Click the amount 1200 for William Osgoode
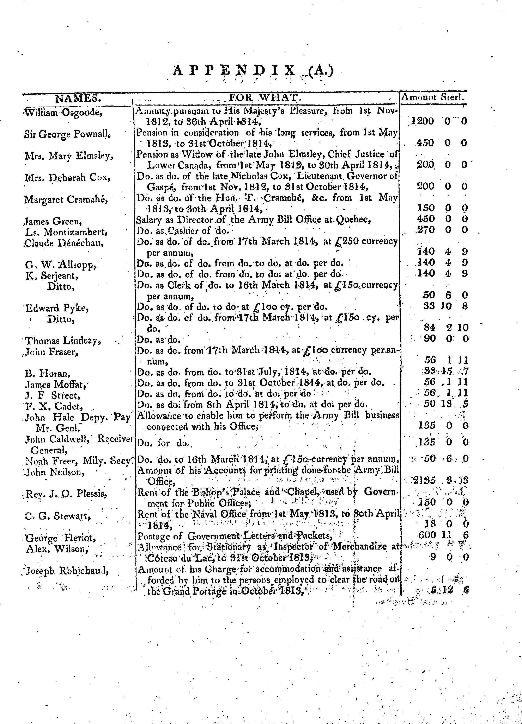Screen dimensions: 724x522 [423, 121]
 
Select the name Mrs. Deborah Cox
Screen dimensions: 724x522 [67, 177]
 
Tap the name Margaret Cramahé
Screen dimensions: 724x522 [66, 199]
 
